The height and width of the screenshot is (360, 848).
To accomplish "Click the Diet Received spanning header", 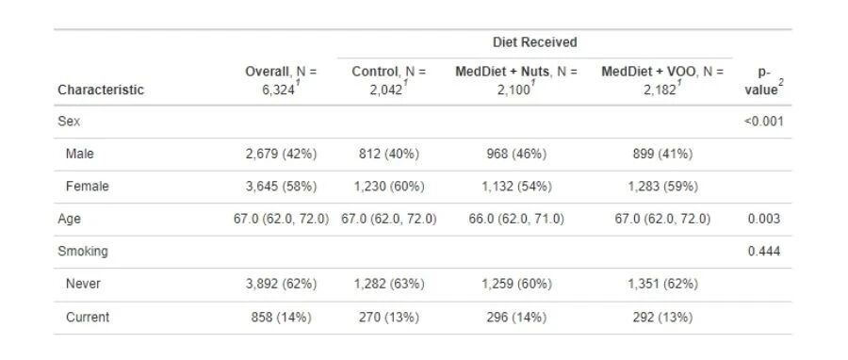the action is pos(534,42).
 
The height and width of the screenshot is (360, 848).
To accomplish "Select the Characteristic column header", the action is pos(101,90).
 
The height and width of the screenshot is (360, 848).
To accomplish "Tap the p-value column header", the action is pos(763,80).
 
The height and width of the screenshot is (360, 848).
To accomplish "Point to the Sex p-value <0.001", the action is pos(763,121).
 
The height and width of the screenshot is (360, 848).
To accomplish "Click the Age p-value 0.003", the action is pos(763,219).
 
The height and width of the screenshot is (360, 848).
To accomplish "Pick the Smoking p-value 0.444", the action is pos(763,252).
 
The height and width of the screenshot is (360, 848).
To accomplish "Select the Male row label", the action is pos(79,154).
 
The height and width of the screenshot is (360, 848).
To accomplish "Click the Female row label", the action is pos(87,187).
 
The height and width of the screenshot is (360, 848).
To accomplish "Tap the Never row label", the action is pos(83,284).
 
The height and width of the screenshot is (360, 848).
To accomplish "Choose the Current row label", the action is pos(87,318).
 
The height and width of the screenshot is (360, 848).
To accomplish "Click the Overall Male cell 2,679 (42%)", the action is pos(281,154).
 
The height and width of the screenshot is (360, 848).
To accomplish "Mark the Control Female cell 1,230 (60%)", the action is pos(389,187).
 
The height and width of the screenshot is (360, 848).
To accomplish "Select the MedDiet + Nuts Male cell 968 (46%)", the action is pos(516,154).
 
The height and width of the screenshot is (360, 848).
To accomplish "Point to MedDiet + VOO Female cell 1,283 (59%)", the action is pos(662,187).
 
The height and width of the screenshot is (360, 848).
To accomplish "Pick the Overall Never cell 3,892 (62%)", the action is pos(281,284).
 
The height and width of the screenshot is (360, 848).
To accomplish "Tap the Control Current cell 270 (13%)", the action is pos(389,318).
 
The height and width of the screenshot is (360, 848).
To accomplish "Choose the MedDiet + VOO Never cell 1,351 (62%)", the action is pos(662,284).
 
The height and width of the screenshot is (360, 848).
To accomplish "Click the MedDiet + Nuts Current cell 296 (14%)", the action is pos(516,318).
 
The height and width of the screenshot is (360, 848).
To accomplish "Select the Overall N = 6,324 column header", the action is pos(281,80).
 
